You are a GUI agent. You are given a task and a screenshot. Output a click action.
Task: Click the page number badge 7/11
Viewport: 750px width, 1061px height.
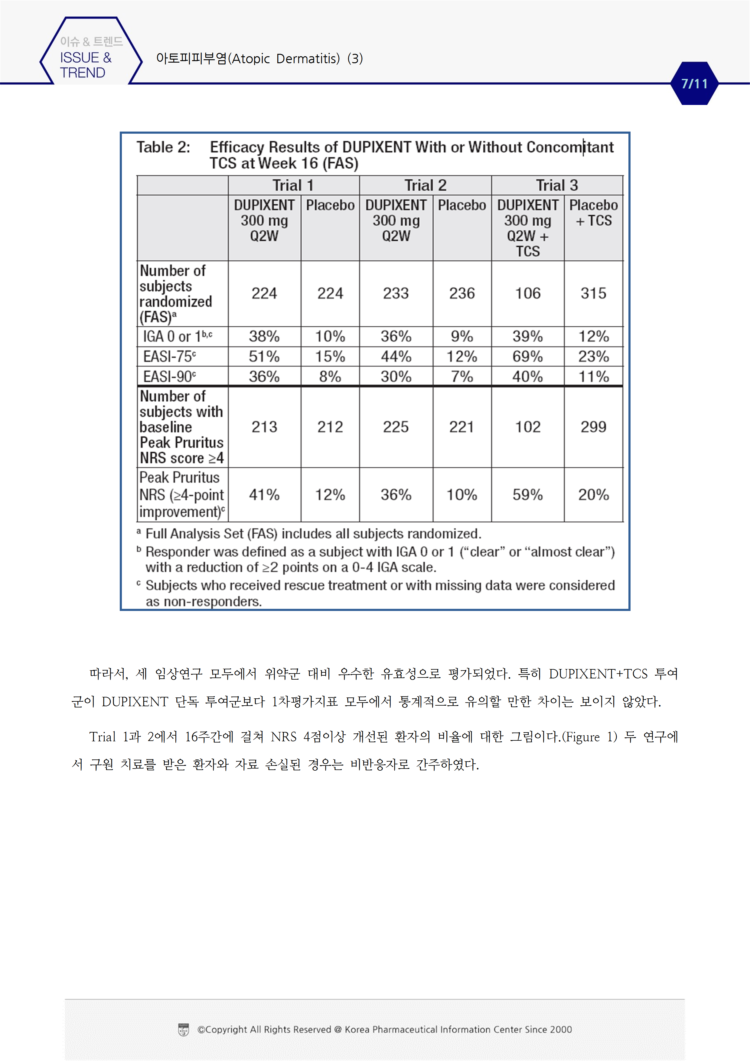(x=694, y=84)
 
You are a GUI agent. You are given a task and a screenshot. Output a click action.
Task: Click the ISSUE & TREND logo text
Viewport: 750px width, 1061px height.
(x=86, y=65)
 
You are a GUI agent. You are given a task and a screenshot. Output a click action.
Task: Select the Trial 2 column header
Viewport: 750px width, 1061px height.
(x=425, y=185)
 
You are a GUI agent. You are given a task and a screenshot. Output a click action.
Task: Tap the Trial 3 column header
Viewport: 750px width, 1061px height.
(x=557, y=185)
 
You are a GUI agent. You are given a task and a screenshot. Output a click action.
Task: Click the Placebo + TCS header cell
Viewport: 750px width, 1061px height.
(x=593, y=213)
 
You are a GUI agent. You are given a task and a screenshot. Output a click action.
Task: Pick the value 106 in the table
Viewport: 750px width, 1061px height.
(x=528, y=293)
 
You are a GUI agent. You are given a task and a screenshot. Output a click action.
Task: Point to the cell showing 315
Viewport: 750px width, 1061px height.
(x=593, y=293)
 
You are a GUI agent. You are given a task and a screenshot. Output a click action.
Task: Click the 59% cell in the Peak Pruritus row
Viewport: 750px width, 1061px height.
(x=528, y=495)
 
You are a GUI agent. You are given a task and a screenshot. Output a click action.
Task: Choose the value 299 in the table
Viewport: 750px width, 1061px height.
(x=593, y=427)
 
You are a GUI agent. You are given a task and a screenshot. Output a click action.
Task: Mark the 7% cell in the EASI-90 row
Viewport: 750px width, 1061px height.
(x=462, y=377)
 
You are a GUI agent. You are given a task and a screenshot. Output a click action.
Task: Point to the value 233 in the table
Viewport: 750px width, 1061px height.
(x=396, y=293)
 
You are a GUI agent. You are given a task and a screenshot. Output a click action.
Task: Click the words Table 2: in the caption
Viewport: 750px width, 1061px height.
(x=163, y=147)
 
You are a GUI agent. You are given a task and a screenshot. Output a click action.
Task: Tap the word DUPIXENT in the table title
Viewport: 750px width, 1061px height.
(x=376, y=147)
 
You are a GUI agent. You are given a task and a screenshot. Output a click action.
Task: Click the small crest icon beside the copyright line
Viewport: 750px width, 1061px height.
(x=184, y=1030)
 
